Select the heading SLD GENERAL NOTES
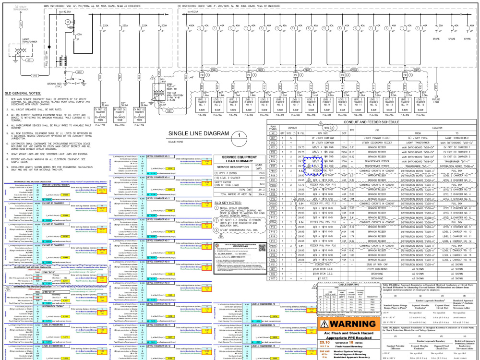pyautogui.click(x=23, y=93)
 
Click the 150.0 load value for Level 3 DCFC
pyautogui.click(x=261, y=172)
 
